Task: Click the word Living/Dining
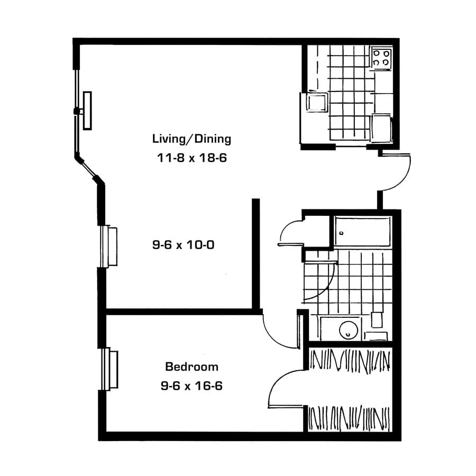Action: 191,139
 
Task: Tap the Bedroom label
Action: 191,367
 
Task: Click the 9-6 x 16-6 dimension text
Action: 191,386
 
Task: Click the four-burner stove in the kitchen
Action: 381,57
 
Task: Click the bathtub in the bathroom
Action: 362,231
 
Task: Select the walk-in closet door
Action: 286,389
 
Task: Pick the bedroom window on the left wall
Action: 110,369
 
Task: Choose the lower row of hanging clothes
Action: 350,418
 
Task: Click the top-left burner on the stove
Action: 376,52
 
